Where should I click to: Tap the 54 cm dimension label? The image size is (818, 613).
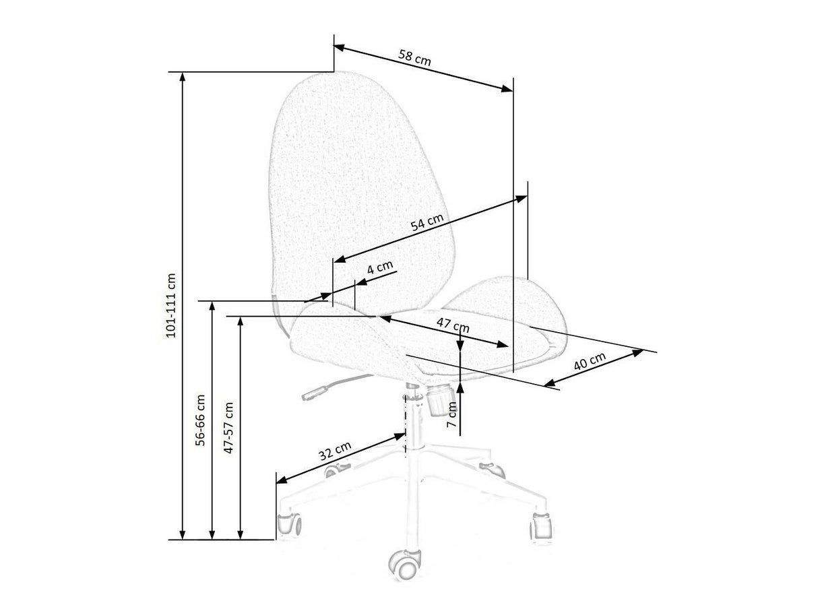pyautogui.click(x=427, y=223)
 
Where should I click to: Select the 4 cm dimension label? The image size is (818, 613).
pyautogui.click(x=379, y=267)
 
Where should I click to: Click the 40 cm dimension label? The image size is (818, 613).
pyautogui.click(x=590, y=364)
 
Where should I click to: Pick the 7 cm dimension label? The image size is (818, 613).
pyautogui.click(x=452, y=416)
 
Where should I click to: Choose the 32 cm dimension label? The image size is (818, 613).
pyautogui.click(x=335, y=451)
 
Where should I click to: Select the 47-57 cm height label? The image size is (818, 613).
pyautogui.click(x=229, y=428)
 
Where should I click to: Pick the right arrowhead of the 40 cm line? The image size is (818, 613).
pyautogui.click(x=637, y=351)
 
